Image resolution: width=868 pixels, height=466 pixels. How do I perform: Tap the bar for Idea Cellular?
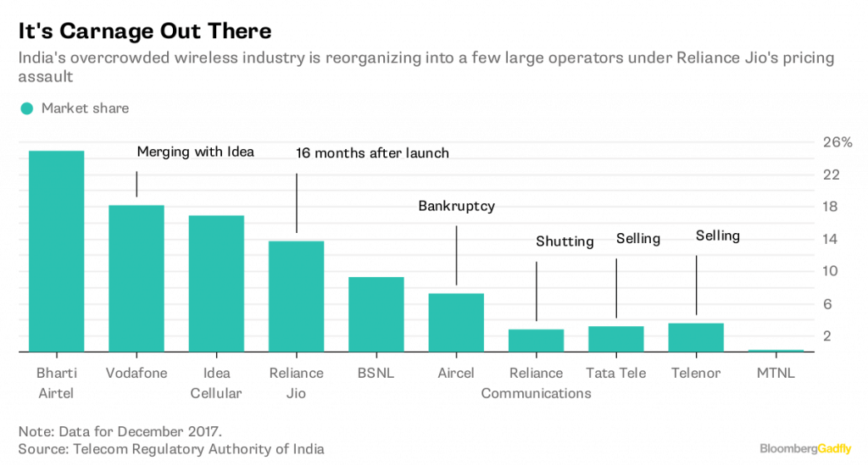[x=216, y=283]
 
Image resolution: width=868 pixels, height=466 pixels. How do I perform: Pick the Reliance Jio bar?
[x=296, y=296]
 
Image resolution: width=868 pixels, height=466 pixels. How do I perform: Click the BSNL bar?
[x=376, y=313]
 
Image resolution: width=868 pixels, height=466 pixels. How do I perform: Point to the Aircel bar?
[x=456, y=322]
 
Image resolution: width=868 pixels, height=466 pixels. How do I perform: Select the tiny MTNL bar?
[x=776, y=350]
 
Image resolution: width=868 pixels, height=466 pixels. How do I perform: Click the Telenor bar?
[x=696, y=337]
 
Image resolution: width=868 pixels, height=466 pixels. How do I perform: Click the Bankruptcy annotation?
[x=456, y=206]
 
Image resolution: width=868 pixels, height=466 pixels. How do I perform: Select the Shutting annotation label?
[x=565, y=241]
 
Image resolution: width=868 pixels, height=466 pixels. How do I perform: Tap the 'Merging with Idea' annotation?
[x=196, y=152]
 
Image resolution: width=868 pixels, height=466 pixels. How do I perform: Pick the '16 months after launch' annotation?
[x=372, y=153]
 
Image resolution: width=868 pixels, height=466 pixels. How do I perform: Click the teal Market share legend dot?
[x=27, y=108]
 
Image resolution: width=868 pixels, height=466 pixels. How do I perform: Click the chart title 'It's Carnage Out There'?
[x=145, y=31]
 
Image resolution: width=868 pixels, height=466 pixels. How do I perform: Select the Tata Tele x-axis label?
[x=615, y=373]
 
